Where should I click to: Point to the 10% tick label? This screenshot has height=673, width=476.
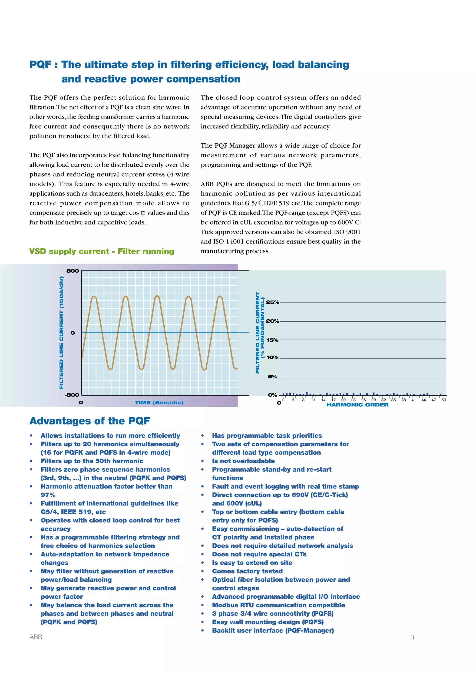272,357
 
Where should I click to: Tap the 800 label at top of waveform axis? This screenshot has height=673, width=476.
72,271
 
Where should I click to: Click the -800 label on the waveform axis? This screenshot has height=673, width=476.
72,395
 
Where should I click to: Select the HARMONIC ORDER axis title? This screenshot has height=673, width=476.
357,405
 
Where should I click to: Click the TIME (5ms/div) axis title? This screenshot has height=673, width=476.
159,402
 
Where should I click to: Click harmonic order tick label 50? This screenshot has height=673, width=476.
443,400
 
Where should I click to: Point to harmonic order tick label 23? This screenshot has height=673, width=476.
353,400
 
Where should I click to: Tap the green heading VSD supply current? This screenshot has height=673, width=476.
101,251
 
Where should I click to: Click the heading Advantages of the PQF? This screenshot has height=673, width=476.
90,421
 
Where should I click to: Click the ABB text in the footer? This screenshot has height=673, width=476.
36,637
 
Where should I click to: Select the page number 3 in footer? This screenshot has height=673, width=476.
412,637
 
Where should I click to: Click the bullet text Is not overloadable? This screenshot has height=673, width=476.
243,461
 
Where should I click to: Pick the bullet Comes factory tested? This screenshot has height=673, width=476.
247,571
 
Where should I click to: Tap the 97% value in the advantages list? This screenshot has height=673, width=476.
48,495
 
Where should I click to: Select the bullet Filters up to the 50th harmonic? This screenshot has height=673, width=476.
92,461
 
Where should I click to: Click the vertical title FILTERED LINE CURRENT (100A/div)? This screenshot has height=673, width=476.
61,333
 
